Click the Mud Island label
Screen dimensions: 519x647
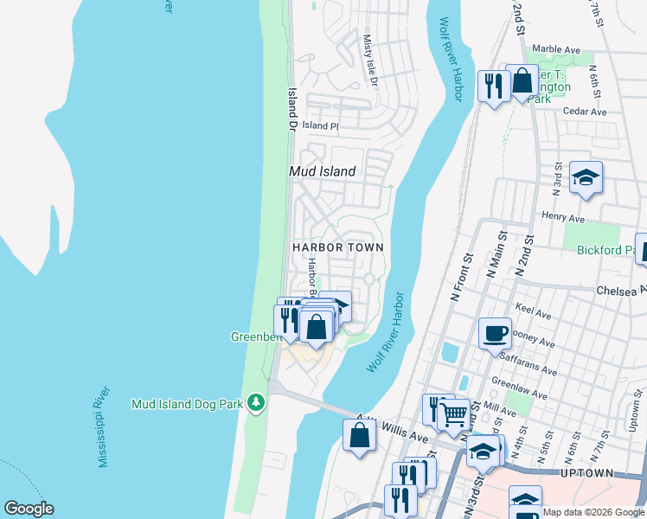click(322, 171)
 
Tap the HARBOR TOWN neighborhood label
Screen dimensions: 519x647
click(337, 247)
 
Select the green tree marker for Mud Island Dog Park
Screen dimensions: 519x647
click(255, 403)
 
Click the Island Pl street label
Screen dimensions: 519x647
click(320, 126)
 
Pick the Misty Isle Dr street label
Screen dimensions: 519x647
click(370, 61)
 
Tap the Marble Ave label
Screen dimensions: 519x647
click(556, 49)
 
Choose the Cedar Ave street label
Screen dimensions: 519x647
click(585, 112)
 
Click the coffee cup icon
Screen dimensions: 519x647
click(495, 333)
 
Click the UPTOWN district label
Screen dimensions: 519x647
click(586, 473)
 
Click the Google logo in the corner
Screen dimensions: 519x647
click(29, 509)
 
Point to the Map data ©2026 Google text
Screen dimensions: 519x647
click(593, 512)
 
